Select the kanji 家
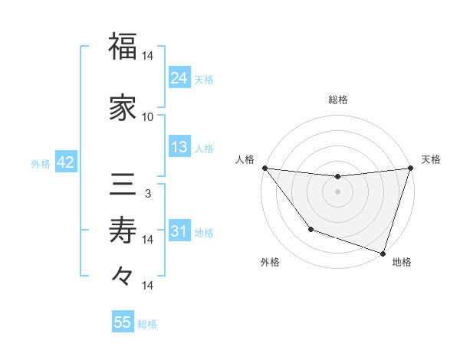(123, 109)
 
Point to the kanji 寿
(123, 229)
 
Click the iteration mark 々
(123, 275)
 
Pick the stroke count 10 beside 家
(148, 117)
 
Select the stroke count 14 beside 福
(148, 56)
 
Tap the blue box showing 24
(179, 77)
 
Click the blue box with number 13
(179, 148)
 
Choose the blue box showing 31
(179, 231)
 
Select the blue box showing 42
(64, 162)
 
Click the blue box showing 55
(122, 322)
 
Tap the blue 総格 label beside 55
(147, 324)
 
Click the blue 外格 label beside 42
(41, 164)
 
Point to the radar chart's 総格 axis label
(337, 100)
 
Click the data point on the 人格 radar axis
(264, 168)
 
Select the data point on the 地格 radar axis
(382, 252)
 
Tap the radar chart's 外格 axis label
(270, 263)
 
